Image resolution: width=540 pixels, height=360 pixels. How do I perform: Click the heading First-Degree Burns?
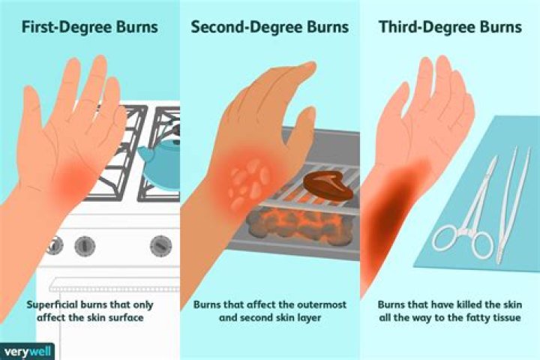[89, 28]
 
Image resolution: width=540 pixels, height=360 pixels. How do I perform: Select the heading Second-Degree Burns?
[269, 28]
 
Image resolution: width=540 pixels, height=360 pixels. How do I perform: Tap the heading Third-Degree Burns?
[449, 28]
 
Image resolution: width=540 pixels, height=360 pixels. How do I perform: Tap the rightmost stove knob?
[160, 245]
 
